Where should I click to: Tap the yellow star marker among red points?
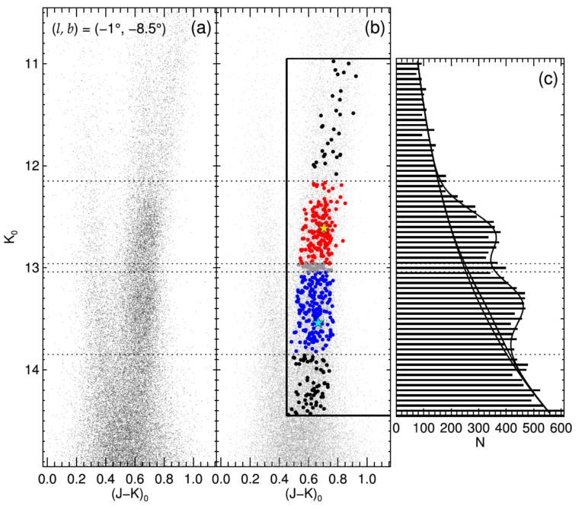324,228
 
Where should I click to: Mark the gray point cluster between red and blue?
314,268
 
